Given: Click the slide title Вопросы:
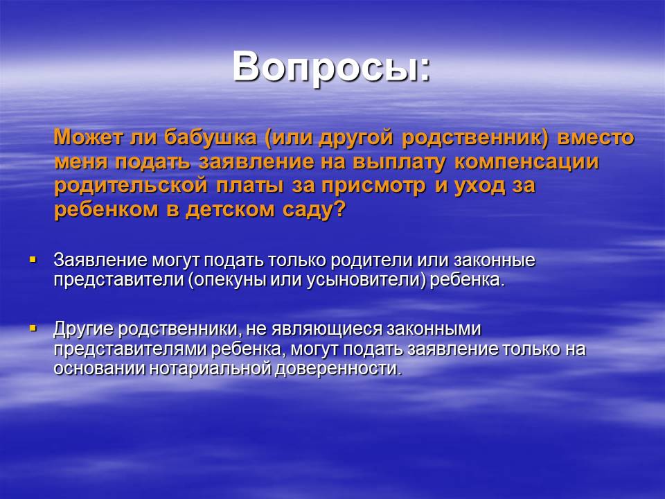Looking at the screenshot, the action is pos(331,67).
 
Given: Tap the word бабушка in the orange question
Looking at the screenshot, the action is pos(211,137).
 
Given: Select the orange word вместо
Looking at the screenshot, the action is pos(596,137).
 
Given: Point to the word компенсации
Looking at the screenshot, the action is pos(526,161).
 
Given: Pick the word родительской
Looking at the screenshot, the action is pos(131,186).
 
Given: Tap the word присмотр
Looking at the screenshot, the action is pos(373,186).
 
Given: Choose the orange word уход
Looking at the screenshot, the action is pos(479,186).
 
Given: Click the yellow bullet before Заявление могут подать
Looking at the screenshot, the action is pos(33,259).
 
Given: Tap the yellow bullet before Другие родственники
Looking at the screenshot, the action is pos(33,328).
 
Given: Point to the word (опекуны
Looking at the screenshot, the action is pos(227,280).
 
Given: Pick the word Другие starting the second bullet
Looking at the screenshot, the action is pos(83,329).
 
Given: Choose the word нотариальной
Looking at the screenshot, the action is pos(210,368).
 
